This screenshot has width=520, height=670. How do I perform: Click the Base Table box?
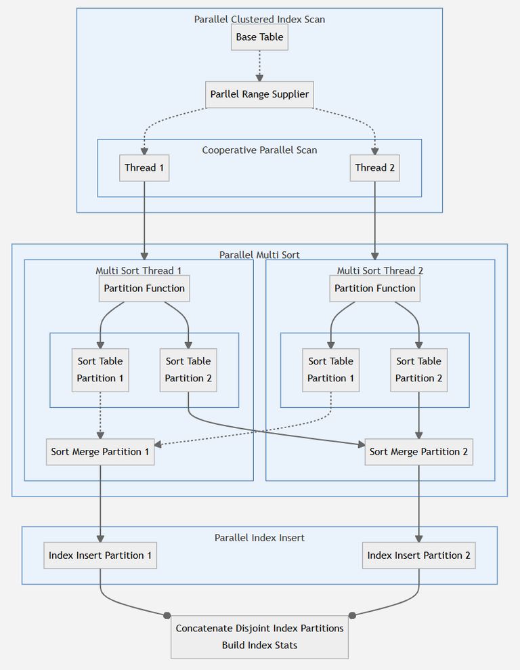(259, 37)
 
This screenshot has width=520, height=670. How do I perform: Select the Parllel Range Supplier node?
(259, 94)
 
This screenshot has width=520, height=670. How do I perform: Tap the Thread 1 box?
(144, 167)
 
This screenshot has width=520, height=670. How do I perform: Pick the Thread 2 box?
(374, 167)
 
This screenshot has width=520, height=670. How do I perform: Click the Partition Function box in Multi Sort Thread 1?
(144, 288)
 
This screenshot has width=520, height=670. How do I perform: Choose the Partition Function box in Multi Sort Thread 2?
(374, 288)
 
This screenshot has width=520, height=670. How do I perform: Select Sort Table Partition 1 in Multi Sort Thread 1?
(100, 369)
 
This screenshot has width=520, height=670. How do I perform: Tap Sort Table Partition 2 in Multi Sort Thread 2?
(418, 369)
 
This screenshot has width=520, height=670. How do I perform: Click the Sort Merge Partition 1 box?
(100, 451)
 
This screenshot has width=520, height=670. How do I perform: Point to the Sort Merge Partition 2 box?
(418, 451)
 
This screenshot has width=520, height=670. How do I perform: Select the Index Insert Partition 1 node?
(100, 555)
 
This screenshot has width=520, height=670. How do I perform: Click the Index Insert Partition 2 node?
(418, 555)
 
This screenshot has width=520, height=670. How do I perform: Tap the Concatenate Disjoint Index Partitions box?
(259, 636)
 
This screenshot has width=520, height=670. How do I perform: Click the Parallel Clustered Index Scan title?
(259, 19)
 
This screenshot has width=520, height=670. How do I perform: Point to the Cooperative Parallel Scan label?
(259, 150)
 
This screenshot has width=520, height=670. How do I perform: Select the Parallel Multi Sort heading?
(259, 255)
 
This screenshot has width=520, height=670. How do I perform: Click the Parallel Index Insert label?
(259, 537)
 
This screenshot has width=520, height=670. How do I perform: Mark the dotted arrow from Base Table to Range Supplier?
(259, 66)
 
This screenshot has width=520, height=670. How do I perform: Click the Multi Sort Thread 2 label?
(380, 270)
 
